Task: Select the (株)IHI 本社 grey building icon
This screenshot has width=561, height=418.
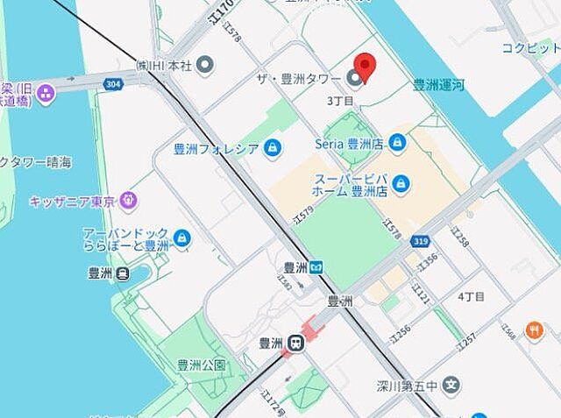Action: tap(205, 64)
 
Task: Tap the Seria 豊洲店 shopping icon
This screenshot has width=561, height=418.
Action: tap(397, 142)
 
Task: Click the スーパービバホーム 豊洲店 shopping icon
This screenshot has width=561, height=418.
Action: tap(401, 183)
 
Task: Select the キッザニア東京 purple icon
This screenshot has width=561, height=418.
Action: tap(129, 202)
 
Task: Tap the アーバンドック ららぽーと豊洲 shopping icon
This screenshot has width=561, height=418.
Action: tap(182, 237)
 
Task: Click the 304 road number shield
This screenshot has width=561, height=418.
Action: tap(112, 84)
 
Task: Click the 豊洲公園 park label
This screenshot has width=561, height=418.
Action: tap(202, 365)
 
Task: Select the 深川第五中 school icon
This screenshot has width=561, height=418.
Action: tap(451, 384)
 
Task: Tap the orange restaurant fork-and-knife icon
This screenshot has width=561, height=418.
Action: tap(533, 329)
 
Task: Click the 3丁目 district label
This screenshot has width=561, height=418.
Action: tap(339, 102)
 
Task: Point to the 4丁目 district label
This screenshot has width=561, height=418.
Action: tap(471, 297)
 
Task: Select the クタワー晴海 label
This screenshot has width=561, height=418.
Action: tap(37, 162)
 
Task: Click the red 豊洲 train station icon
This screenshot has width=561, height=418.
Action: tap(296, 344)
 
